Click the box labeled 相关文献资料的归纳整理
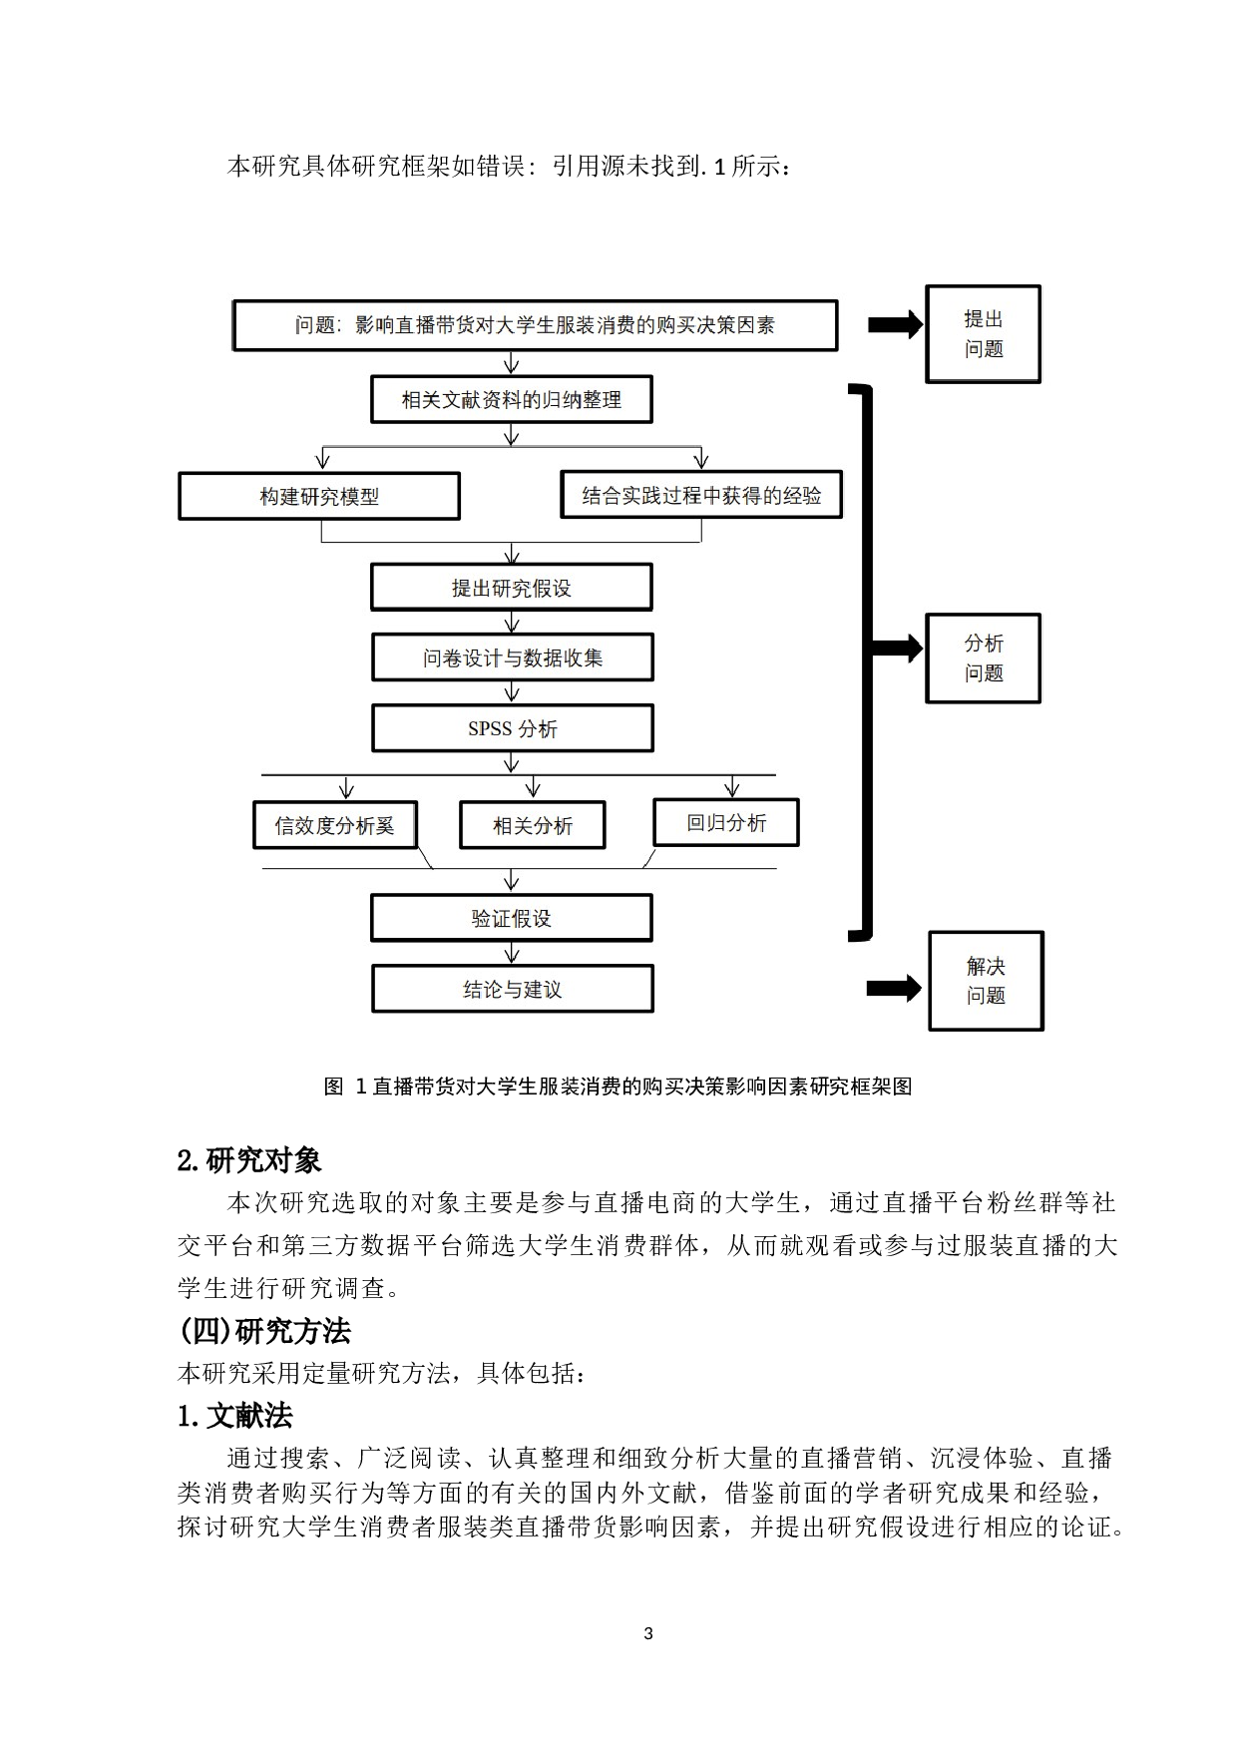coord(511,400)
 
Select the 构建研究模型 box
coord(319,496)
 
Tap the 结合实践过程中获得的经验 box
coord(701,495)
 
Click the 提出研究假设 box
coord(511,588)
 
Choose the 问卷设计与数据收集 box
coord(512,658)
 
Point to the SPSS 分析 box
coord(512,728)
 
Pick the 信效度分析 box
coord(334,825)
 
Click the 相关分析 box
coord(533,825)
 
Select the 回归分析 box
coord(726,823)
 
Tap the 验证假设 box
coord(511,918)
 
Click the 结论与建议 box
coord(512,989)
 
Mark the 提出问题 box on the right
coord(983,334)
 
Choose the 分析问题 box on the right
coord(983,658)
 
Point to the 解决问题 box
coord(986,981)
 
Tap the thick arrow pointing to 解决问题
coord(894,989)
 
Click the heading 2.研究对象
coord(248,1160)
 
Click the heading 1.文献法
coord(234,1416)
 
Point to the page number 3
coord(648,1633)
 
